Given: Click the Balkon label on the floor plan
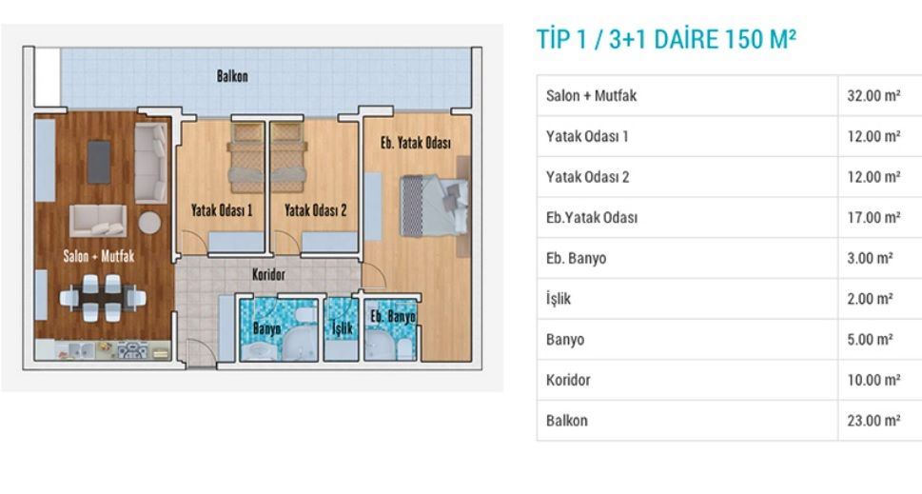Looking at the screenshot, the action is [232, 76].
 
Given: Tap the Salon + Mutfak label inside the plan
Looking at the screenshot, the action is [99, 256].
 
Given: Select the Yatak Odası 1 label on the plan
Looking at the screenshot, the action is [222, 210].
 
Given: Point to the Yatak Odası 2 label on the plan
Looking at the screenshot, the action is [315, 210].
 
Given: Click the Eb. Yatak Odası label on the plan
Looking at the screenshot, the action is [416, 143].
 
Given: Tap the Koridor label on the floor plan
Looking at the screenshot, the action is [268, 274].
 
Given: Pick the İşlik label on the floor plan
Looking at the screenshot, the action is [342, 327].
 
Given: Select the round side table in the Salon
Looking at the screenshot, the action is [149, 223].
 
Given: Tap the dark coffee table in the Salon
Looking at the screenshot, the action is [99, 162].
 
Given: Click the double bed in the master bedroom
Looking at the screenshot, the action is [434, 206].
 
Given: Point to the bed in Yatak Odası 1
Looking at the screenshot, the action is [246, 158].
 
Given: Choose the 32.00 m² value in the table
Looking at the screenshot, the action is [873, 95].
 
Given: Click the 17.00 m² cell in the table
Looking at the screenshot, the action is [873, 217].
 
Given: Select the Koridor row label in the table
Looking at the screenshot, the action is [568, 380].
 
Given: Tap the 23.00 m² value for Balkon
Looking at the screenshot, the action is [873, 421].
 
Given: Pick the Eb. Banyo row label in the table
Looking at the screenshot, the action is [577, 258].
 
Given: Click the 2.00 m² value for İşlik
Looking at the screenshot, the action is [871, 299].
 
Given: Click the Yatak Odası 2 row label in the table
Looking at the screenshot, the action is [587, 176].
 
